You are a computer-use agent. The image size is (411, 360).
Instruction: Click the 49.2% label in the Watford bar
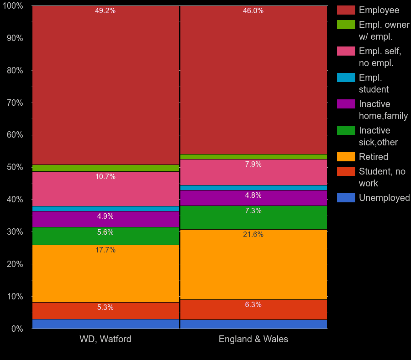105,11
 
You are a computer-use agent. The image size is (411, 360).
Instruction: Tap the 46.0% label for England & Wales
253,11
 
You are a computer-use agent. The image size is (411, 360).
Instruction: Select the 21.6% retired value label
253,235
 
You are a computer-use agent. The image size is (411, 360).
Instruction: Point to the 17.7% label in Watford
105,250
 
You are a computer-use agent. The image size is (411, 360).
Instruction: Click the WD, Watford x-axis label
105,339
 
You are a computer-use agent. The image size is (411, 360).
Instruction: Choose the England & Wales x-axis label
253,339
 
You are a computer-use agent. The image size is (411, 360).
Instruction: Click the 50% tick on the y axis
15,167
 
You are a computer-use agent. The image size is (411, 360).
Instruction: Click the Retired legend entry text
373,157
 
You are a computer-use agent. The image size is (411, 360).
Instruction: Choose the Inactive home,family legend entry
383,110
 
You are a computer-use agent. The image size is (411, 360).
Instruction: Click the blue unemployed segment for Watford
105,324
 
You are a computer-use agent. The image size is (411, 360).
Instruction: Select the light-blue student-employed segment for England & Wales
253,188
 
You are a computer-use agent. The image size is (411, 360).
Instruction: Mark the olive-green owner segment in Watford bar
105,168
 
